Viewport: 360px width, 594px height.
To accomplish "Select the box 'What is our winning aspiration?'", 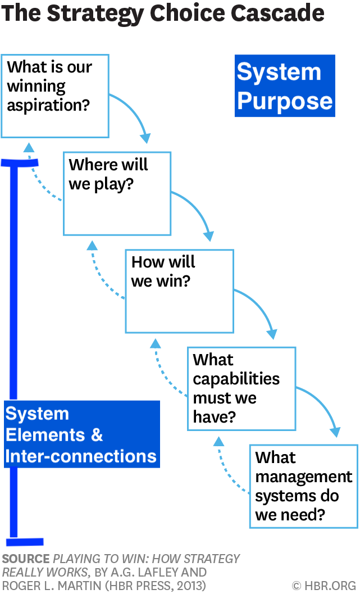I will coord(54,96).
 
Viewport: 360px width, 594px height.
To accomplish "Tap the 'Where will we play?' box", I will coord(117,193).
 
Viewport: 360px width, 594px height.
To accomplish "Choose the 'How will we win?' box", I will coord(179,291).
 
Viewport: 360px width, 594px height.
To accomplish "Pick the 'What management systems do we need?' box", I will coord(303,486).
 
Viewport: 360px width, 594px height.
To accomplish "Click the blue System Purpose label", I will coord(285,86).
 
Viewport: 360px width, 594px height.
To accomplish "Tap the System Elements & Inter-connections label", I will coord(81,434).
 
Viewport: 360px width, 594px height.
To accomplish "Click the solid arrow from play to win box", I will coord(197,211).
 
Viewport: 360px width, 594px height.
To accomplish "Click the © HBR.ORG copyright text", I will coord(323,585).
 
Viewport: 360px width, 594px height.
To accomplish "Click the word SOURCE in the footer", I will coord(25,559).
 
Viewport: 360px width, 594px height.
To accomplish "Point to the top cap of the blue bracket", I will coord(20,163).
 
